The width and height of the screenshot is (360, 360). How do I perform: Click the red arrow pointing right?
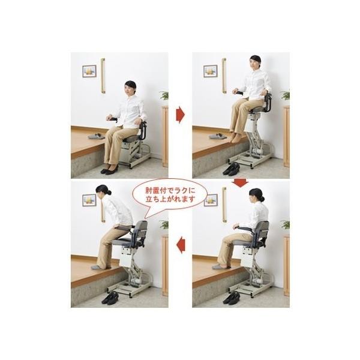(180, 115)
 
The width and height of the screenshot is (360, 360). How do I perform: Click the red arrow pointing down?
(240, 183)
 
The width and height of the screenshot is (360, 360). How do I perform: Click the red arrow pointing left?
(181, 245)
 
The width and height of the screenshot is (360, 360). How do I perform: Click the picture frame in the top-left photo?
(89, 71)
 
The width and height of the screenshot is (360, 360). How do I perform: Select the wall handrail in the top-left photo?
(103, 76)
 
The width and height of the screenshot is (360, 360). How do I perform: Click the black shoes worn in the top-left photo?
(110, 169)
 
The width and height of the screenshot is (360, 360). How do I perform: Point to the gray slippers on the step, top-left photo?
(96, 136)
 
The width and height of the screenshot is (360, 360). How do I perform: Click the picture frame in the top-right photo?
(211, 71)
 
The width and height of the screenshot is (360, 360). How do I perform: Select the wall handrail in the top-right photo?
(224, 76)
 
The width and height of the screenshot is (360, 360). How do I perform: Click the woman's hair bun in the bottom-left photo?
(109, 193)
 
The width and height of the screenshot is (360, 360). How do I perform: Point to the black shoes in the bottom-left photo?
(110, 298)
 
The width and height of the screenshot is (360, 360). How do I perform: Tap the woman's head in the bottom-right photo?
(256, 196)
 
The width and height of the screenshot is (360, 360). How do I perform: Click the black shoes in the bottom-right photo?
(232, 298)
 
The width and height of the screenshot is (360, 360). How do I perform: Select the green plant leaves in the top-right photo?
(286, 95)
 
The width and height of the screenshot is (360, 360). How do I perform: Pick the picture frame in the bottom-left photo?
(89, 200)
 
